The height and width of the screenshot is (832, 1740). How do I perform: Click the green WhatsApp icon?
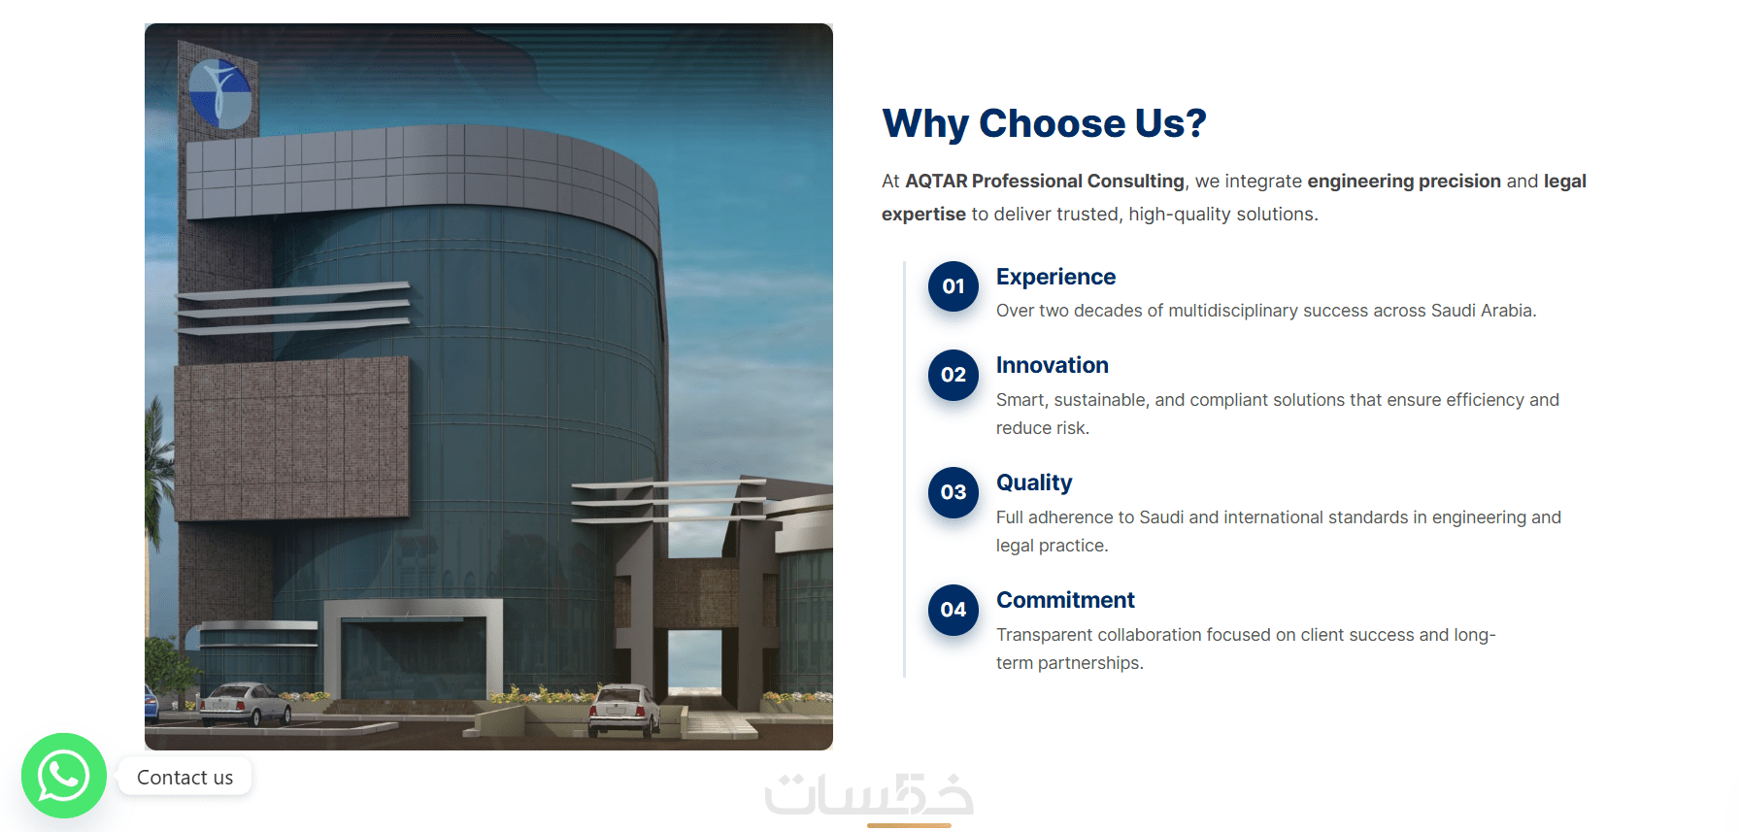pos(64,776)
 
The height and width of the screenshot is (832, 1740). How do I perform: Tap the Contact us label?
pos(184,778)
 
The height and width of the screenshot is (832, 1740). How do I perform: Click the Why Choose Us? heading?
pos(1044,123)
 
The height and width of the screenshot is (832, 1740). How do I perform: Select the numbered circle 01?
pos(954,286)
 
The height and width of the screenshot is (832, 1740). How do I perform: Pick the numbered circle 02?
pos(954,375)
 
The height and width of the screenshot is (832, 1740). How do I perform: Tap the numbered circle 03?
pos(954,492)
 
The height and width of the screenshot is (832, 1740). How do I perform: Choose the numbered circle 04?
pos(954,610)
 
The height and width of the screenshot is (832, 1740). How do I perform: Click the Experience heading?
pos(1055,278)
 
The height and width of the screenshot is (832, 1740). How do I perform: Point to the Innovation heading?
pos(1052,365)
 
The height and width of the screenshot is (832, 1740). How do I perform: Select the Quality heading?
pos(1034,483)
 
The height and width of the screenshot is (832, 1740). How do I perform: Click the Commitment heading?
pos(1065,600)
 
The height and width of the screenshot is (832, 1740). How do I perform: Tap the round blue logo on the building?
pos(219,94)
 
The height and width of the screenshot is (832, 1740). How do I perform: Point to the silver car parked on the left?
pos(245,703)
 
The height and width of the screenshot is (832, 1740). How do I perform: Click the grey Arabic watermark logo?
pos(869,794)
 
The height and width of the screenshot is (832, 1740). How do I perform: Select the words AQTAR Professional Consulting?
pos(1045,182)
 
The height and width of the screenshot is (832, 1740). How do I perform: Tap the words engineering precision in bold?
pos(1404,182)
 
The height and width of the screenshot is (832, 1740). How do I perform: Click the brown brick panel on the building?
pos(291,439)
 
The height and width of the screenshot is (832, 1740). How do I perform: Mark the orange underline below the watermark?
pos(909,825)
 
